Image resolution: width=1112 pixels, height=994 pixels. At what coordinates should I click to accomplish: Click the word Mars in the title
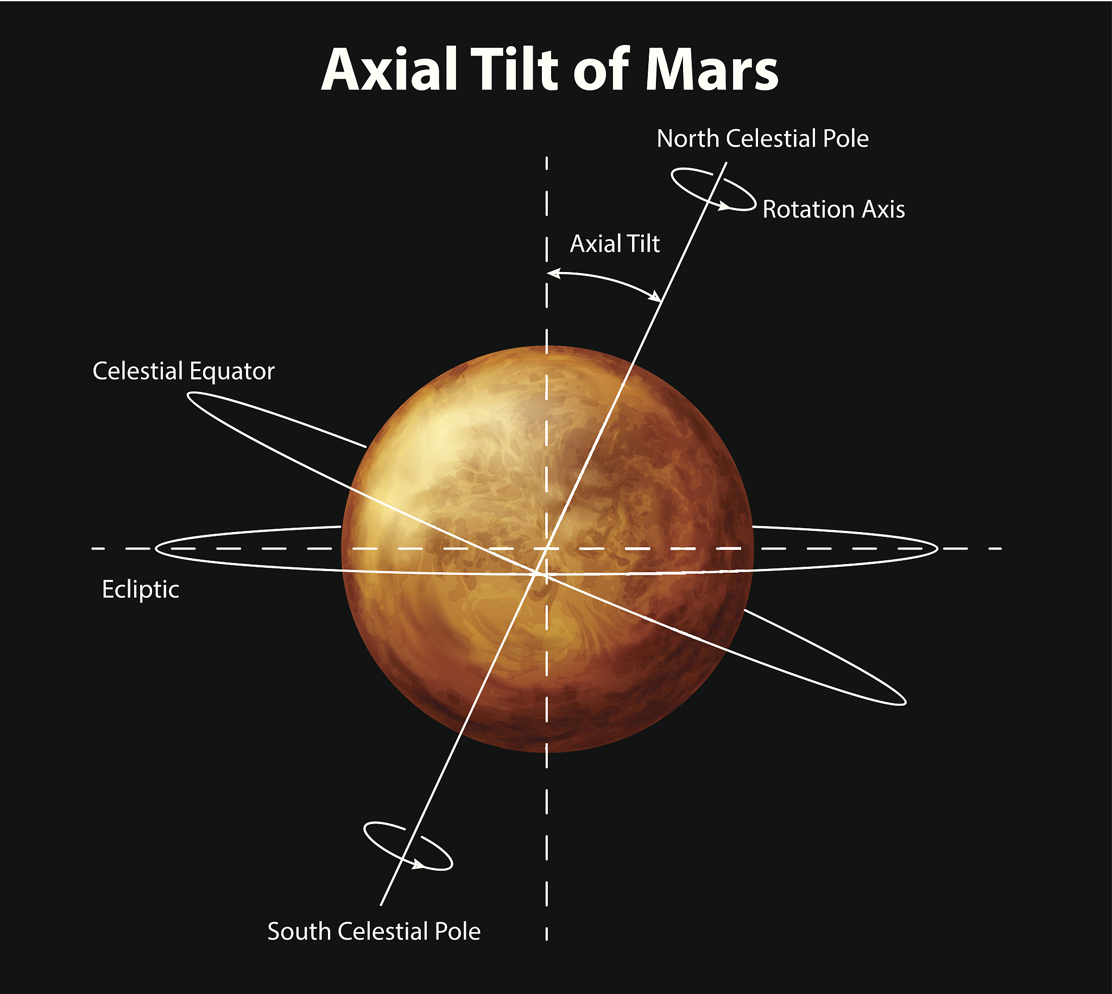click(x=712, y=70)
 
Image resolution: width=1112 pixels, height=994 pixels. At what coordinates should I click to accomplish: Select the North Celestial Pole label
click(x=762, y=139)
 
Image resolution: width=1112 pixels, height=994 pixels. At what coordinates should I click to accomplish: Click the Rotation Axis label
click(x=833, y=210)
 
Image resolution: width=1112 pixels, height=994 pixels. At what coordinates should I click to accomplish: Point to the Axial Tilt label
click(x=615, y=244)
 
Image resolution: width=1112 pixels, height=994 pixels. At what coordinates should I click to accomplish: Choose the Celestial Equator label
click(x=184, y=371)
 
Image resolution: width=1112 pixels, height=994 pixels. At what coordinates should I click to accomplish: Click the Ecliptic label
click(x=141, y=590)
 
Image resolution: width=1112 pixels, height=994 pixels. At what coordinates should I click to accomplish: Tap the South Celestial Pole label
click(x=374, y=932)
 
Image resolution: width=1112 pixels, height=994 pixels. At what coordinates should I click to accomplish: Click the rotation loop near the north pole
click(x=713, y=189)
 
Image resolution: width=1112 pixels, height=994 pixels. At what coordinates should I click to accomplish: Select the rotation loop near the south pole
click(x=408, y=846)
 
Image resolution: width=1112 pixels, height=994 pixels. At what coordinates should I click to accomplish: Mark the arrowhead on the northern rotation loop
click(x=724, y=206)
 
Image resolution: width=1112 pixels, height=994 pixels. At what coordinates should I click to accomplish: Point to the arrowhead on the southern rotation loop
click(x=418, y=865)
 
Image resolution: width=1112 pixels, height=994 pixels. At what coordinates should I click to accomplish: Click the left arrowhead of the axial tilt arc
click(x=554, y=273)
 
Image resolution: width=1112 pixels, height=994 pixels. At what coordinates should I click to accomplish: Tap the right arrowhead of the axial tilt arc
click(x=655, y=296)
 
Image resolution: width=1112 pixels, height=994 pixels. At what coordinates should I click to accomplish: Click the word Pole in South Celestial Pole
click(x=458, y=932)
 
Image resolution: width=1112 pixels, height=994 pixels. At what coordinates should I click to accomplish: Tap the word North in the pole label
click(x=687, y=139)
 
